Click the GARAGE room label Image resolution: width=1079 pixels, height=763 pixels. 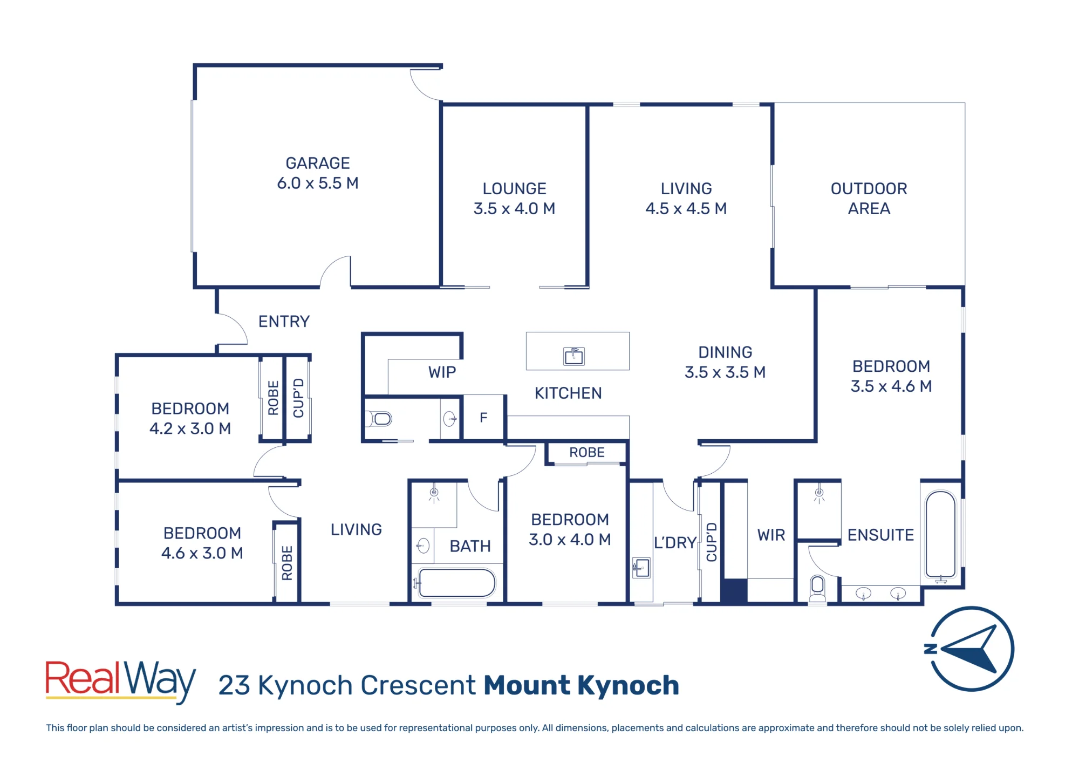[x=318, y=163]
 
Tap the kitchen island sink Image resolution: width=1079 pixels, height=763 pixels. [x=574, y=356]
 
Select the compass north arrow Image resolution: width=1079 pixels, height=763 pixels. [x=971, y=649]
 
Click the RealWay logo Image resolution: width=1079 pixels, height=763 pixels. [x=120, y=682]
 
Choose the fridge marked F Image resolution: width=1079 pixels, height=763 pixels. [x=484, y=418]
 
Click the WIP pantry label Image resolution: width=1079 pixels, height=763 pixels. [x=442, y=372]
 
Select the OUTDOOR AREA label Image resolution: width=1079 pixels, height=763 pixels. [x=869, y=199]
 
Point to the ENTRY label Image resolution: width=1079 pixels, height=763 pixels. [x=284, y=322]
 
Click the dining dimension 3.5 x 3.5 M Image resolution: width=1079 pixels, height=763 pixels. [x=725, y=372]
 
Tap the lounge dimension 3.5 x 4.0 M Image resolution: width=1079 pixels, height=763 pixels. [x=514, y=209]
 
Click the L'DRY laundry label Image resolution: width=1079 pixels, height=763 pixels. [x=675, y=542]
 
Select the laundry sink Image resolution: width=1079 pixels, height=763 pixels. [x=641, y=568]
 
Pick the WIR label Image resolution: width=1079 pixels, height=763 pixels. [x=771, y=535]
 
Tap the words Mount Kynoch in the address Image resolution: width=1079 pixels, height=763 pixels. [x=581, y=685]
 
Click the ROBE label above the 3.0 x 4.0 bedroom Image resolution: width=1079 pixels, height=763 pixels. [x=587, y=452]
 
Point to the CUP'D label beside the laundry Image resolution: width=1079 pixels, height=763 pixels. [x=712, y=542]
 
